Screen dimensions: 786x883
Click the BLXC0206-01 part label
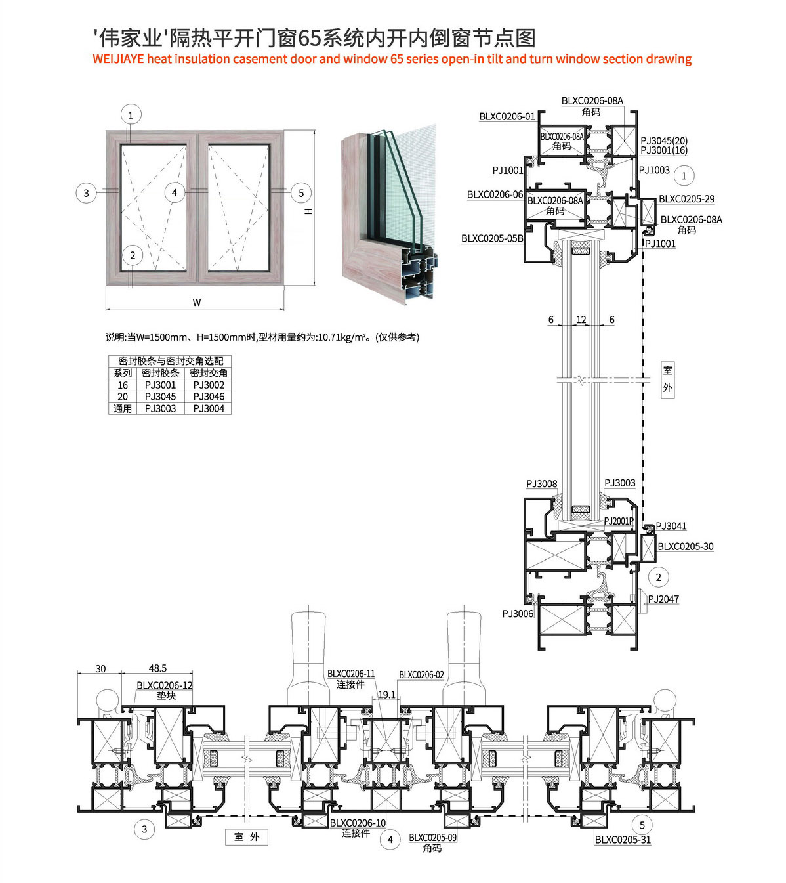507,116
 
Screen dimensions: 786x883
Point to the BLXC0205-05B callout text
492,238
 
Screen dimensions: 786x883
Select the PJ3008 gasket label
541,484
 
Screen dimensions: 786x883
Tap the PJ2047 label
663,599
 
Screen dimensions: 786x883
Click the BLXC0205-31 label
623,840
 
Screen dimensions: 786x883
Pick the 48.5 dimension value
157,668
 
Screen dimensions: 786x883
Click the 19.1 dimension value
386,695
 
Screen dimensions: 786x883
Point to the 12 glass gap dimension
581,320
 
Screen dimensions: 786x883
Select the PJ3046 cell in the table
209,397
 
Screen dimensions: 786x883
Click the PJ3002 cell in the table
209,385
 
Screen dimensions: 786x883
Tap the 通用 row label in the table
123,409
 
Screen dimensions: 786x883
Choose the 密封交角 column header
209,373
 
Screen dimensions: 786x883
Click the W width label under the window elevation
197,303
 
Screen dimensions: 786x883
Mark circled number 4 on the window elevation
175,192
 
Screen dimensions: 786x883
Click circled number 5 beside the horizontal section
642,825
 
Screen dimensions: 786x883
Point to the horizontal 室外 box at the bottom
247,836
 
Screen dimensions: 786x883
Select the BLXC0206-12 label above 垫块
164,685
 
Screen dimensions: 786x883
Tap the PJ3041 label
671,526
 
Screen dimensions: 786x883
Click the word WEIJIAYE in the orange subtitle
118,59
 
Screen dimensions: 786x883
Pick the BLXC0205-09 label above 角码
432,837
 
